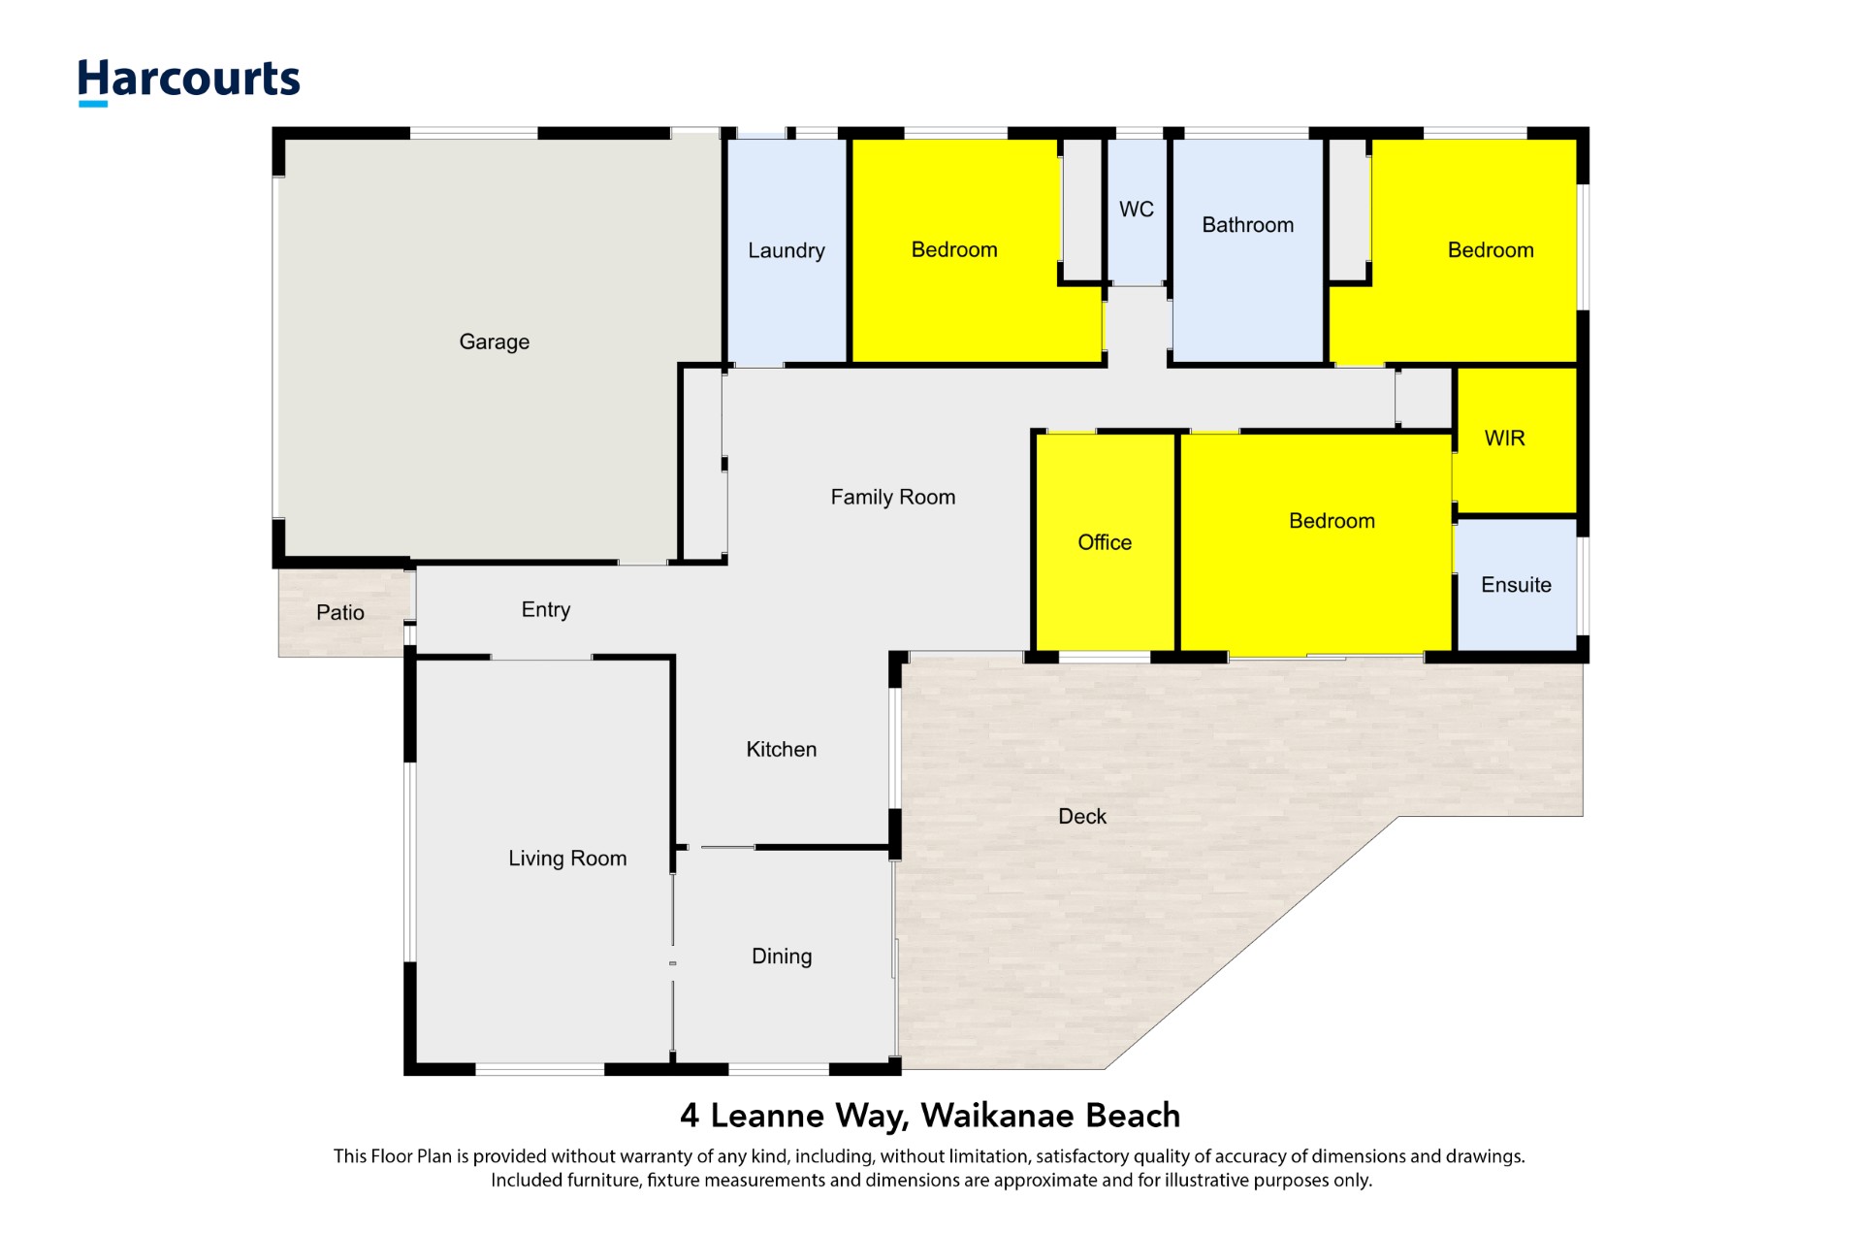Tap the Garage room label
point(494,341)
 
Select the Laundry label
point(786,250)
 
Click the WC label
point(1136,210)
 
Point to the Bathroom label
point(1247,225)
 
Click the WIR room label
point(1504,438)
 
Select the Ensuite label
point(1516,585)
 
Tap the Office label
point(1105,542)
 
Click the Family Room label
point(892,498)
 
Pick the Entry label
point(545,609)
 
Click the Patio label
point(339,612)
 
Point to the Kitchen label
point(781,749)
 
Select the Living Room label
point(567,859)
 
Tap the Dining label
point(782,957)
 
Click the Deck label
point(1081,817)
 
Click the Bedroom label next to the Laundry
point(953,250)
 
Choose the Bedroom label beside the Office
point(1332,521)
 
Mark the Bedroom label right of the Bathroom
point(1490,250)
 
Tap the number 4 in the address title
point(690,1116)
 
